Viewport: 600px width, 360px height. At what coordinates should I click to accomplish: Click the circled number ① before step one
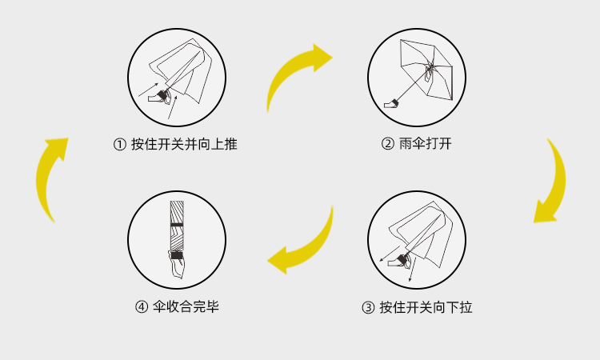(x=119, y=145)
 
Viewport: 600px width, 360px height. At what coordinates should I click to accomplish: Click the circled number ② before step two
(x=387, y=145)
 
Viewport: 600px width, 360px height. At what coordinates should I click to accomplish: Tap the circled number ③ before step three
(x=367, y=307)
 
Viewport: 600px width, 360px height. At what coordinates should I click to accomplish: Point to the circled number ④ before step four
(x=141, y=307)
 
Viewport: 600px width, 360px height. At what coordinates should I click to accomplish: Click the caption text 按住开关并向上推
(x=183, y=145)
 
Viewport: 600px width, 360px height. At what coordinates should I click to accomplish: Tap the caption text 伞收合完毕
(x=185, y=307)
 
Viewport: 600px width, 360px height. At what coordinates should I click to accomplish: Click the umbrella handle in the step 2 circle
(x=392, y=102)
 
